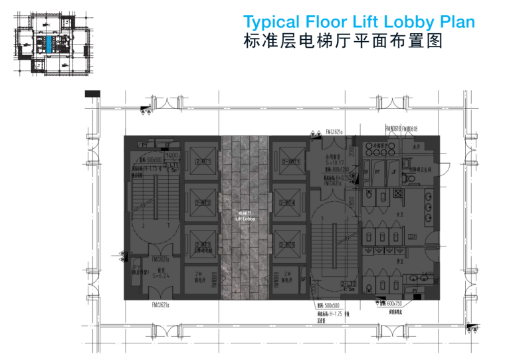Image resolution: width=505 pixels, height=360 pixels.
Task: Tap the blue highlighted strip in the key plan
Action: (x=49, y=45)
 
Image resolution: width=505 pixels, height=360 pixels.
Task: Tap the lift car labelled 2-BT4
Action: (x=289, y=202)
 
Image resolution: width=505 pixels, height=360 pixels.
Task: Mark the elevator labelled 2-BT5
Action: (x=289, y=244)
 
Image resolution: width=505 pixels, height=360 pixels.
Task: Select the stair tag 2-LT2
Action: (x=348, y=284)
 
